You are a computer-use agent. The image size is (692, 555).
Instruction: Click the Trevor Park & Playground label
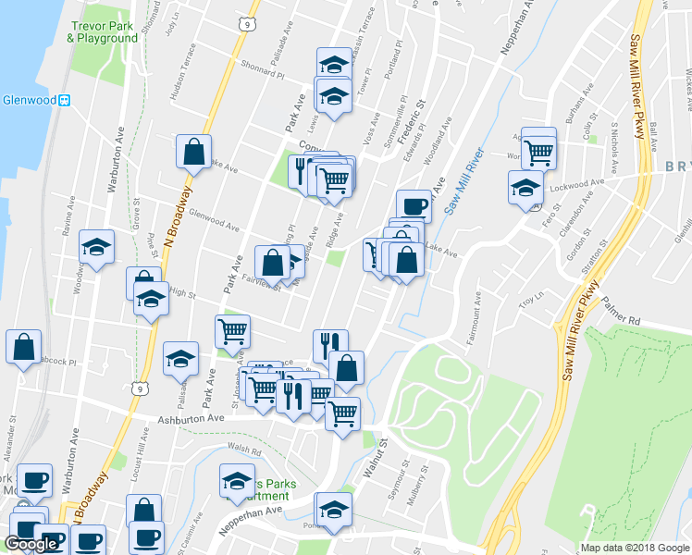pyautogui.click(x=102, y=31)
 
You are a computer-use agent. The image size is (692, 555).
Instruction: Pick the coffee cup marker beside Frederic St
pyautogui.click(x=414, y=206)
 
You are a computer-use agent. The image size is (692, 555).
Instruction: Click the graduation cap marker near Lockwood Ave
pyautogui.click(x=525, y=187)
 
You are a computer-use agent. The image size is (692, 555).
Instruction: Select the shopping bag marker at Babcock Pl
pyautogui.click(x=23, y=347)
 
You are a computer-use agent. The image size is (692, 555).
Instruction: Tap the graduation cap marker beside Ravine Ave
pyautogui.click(x=96, y=247)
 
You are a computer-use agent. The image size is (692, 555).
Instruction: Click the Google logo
pyautogui.click(x=31, y=544)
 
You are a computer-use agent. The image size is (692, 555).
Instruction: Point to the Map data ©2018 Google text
pyautogui.click(x=633, y=548)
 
